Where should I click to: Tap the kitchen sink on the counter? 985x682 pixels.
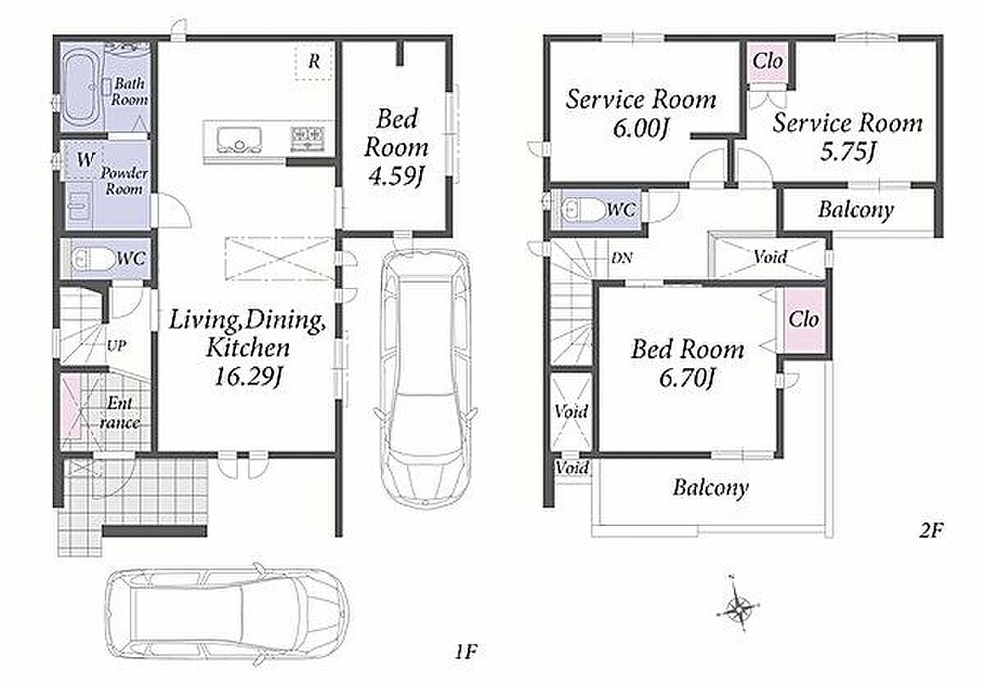(239, 139)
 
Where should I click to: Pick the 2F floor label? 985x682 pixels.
(931, 531)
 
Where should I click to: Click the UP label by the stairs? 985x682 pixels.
(116, 346)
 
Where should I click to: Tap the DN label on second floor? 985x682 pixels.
(622, 257)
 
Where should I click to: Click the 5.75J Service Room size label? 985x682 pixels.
(848, 152)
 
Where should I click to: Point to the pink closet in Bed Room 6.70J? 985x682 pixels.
(804, 320)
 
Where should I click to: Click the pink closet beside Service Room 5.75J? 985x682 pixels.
(768, 61)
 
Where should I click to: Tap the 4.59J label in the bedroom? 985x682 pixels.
(395, 177)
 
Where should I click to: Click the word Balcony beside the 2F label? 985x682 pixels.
(711, 488)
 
